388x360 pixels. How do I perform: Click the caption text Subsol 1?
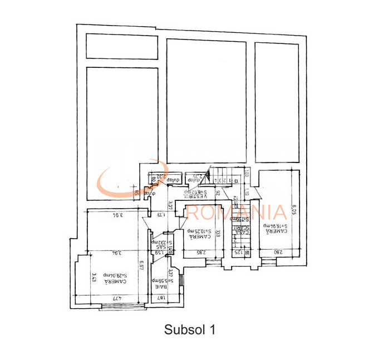click(189, 329)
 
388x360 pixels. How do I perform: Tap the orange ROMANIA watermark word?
click(236, 212)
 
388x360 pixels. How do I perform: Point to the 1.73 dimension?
click(161, 214)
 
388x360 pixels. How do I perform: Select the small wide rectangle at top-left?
click(121, 46)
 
